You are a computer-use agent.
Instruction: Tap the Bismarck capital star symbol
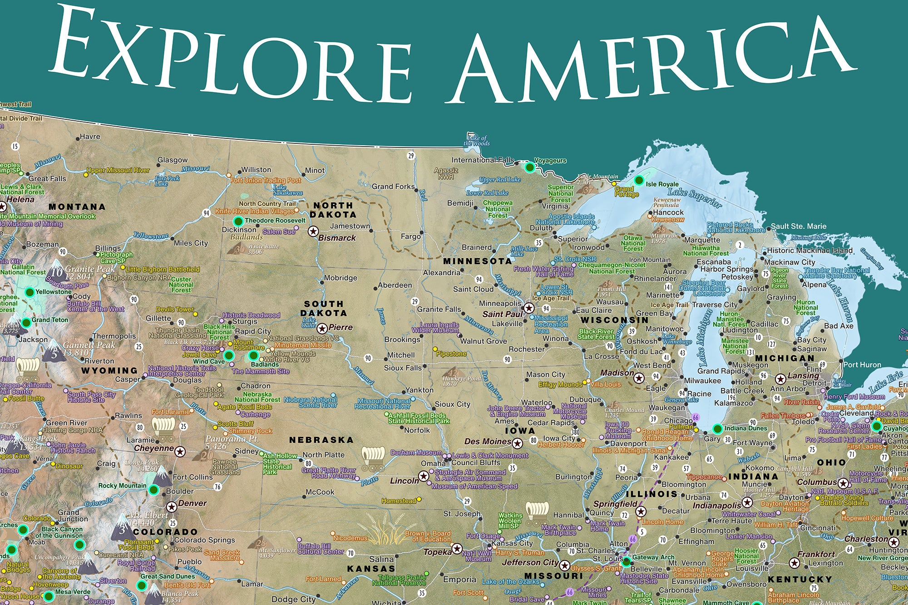pos(313,231)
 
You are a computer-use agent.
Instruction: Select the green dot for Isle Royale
pos(639,180)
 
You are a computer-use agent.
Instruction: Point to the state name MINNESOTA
pos(477,261)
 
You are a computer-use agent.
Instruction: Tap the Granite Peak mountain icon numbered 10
pos(57,268)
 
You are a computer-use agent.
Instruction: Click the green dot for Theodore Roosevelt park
pos(238,221)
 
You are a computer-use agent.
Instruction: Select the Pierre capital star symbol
pos(322,328)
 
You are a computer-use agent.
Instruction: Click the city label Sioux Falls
pos(403,368)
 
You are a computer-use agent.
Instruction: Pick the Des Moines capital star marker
pos(517,442)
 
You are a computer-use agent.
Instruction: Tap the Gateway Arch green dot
pos(626,562)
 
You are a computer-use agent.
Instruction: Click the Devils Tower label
pos(175,309)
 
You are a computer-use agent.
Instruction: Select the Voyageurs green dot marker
pos(529,167)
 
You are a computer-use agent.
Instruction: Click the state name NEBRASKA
pos(321,440)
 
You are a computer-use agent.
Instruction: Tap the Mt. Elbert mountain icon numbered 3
pos(123,527)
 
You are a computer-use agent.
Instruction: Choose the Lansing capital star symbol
pos(780,379)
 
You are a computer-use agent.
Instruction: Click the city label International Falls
pos(482,160)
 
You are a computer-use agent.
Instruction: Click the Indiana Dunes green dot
pos(717,428)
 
